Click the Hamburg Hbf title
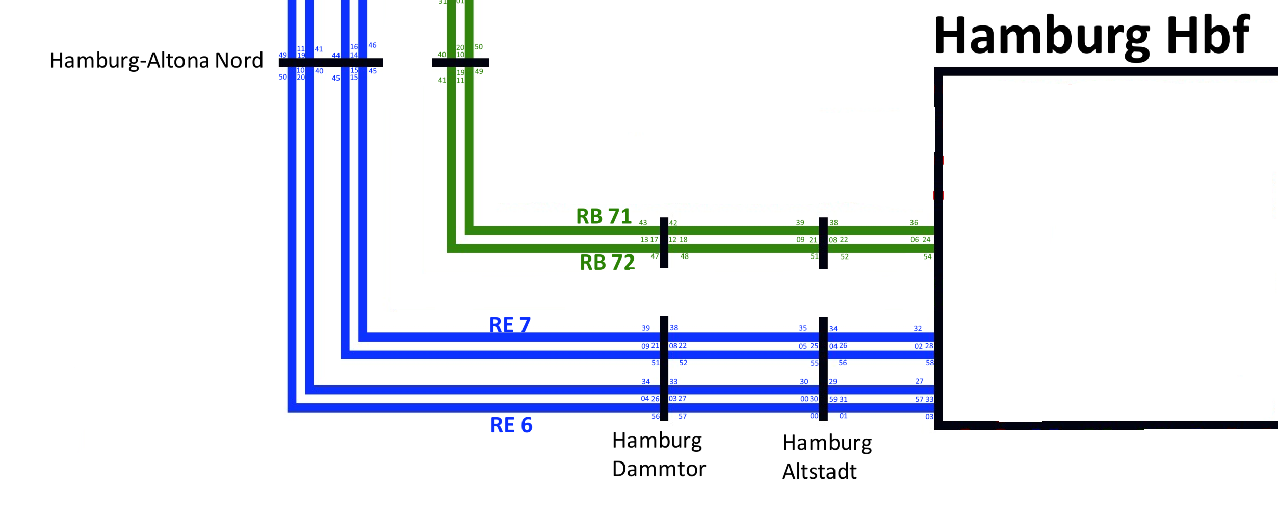click(x=1091, y=36)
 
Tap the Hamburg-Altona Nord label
click(x=156, y=61)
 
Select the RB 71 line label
click(x=604, y=216)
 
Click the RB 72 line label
click(x=607, y=263)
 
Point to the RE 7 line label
click(x=510, y=325)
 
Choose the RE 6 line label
click(x=511, y=425)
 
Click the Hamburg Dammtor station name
click(x=659, y=454)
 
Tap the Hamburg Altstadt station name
click(x=827, y=457)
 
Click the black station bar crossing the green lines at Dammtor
click(x=664, y=242)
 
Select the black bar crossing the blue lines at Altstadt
click(x=823, y=369)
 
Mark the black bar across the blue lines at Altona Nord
click(x=331, y=63)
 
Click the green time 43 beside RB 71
click(x=643, y=223)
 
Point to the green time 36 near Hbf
click(x=914, y=223)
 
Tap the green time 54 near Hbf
click(x=927, y=257)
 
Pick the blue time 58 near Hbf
click(x=930, y=363)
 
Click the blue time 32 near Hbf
click(x=918, y=329)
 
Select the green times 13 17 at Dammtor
click(x=649, y=240)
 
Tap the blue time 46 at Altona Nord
click(x=372, y=45)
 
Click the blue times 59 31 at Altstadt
click(x=838, y=399)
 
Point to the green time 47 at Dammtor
click(x=655, y=256)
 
